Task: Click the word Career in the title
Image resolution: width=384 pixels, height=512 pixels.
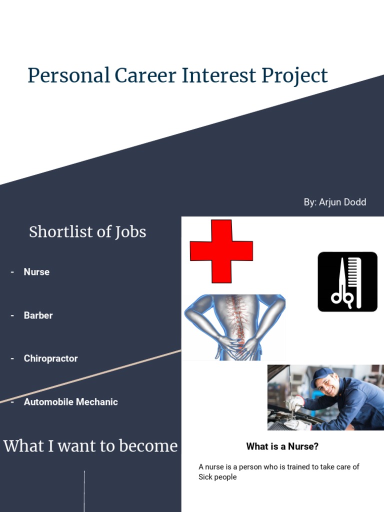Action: click(145, 75)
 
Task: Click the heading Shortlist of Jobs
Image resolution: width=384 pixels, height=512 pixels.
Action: click(87, 232)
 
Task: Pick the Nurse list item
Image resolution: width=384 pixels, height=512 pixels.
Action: click(36, 272)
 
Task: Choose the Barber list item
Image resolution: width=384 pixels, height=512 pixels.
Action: click(38, 315)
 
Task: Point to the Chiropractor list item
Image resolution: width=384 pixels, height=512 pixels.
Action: click(50, 358)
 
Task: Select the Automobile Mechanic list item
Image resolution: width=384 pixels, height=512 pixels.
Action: click(70, 402)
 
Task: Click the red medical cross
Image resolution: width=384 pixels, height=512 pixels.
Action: click(221, 251)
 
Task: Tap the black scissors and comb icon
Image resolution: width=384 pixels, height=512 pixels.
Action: click(347, 281)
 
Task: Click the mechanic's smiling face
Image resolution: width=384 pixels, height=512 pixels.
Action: click(327, 385)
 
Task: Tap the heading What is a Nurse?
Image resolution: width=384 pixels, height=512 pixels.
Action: click(282, 446)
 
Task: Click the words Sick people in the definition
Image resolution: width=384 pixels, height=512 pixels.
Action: click(217, 477)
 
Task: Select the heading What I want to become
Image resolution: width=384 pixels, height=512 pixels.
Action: click(90, 445)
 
